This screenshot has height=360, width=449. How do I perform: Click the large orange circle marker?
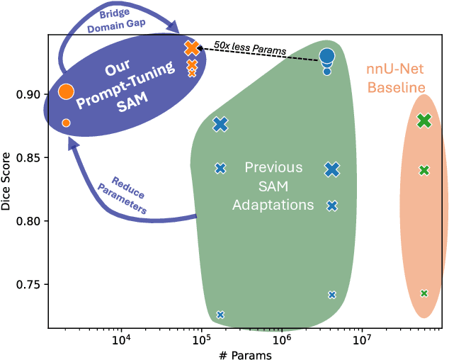click(x=66, y=91)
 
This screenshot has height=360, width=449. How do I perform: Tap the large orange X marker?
click(x=192, y=48)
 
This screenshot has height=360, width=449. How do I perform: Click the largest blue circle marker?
click(x=326, y=56)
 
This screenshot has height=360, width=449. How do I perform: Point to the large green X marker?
click(x=424, y=120)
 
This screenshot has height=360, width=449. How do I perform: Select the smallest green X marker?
click(x=424, y=293)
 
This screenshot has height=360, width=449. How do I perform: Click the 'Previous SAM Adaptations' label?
click(x=273, y=186)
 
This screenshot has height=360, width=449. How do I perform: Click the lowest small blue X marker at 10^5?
click(x=220, y=315)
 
